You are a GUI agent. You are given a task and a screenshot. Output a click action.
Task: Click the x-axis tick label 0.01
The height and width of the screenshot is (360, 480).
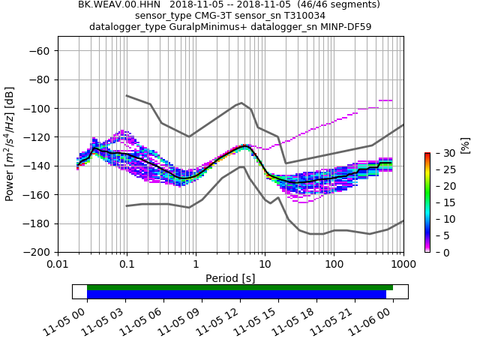coord(58,265)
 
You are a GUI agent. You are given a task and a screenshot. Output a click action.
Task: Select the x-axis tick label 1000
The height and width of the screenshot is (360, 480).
coord(403,265)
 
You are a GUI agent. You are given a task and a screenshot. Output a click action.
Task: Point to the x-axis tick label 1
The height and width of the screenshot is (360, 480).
coord(196,265)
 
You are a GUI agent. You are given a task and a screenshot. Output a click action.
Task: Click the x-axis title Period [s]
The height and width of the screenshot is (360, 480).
coord(230,278)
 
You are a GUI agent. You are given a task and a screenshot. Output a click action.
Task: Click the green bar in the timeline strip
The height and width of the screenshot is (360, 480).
coord(240,287)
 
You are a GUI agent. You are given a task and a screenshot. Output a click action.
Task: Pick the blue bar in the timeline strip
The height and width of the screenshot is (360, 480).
coord(236,295)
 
